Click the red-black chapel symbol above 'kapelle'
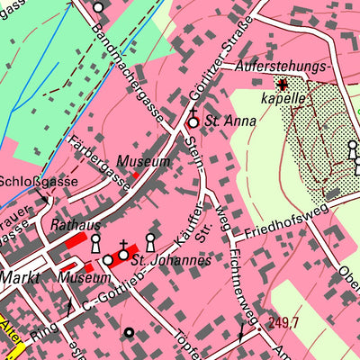[x=282, y=85]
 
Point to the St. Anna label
[x=225, y=120]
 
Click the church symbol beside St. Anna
[x=193, y=121]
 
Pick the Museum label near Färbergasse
[x=144, y=162]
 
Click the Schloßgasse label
[x=30, y=180]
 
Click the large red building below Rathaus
[x=77, y=241]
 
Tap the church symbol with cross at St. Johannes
[x=123, y=254]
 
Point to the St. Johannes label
[x=171, y=261]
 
